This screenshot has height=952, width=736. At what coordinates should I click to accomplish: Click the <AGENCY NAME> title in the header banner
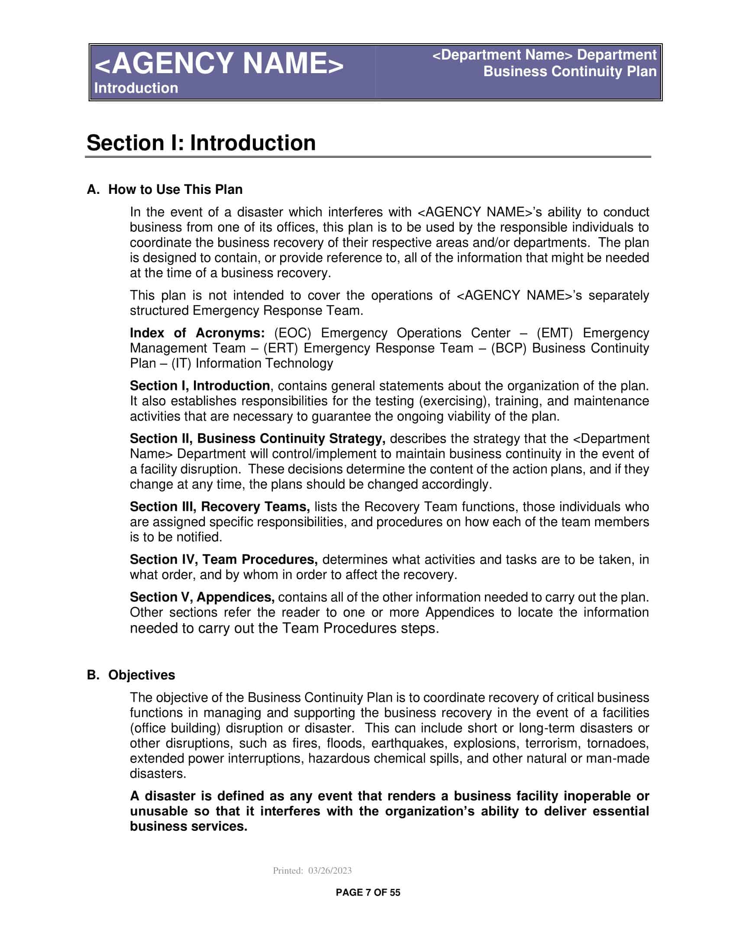pyautogui.click(x=219, y=64)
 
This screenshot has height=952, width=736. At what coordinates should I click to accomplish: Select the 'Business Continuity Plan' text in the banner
pyautogui.click(x=569, y=71)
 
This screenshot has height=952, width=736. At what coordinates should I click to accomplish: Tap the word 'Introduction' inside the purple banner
pyautogui.click(x=136, y=88)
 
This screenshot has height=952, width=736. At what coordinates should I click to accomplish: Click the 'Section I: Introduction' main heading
pyautogui.click(x=201, y=143)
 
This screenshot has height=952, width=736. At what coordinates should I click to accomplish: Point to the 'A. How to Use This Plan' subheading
pyautogui.click(x=165, y=190)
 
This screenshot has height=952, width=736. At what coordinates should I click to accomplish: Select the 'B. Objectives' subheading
pyautogui.click(x=131, y=675)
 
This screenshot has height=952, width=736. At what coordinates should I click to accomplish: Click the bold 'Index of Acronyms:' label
pyautogui.click(x=197, y=333)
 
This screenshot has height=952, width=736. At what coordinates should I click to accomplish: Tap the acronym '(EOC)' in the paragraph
pyautogui.click(x=293, y=333)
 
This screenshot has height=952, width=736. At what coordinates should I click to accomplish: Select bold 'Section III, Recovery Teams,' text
pyautogui.click(x=220, y=507)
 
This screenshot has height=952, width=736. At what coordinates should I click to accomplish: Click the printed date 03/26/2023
pyautogui.click(x=329, y=871)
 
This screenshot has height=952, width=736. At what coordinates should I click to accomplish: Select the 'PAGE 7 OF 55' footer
pyautogui.click(x=368, y=892)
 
